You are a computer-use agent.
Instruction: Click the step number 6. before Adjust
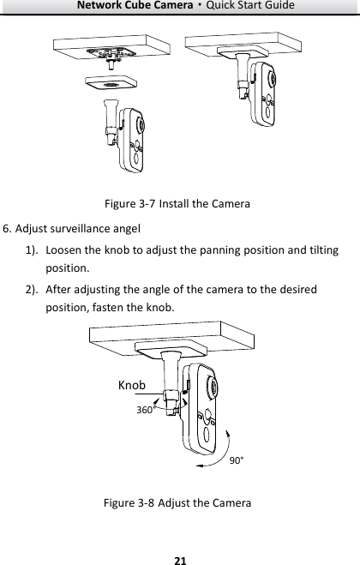8,229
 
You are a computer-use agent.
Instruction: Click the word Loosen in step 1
67,249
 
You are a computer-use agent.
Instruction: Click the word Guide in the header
279,7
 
